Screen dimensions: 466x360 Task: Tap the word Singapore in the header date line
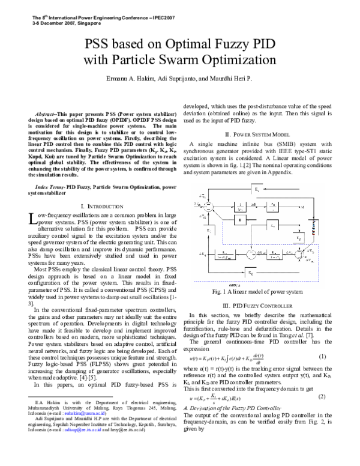coord(70,23)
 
